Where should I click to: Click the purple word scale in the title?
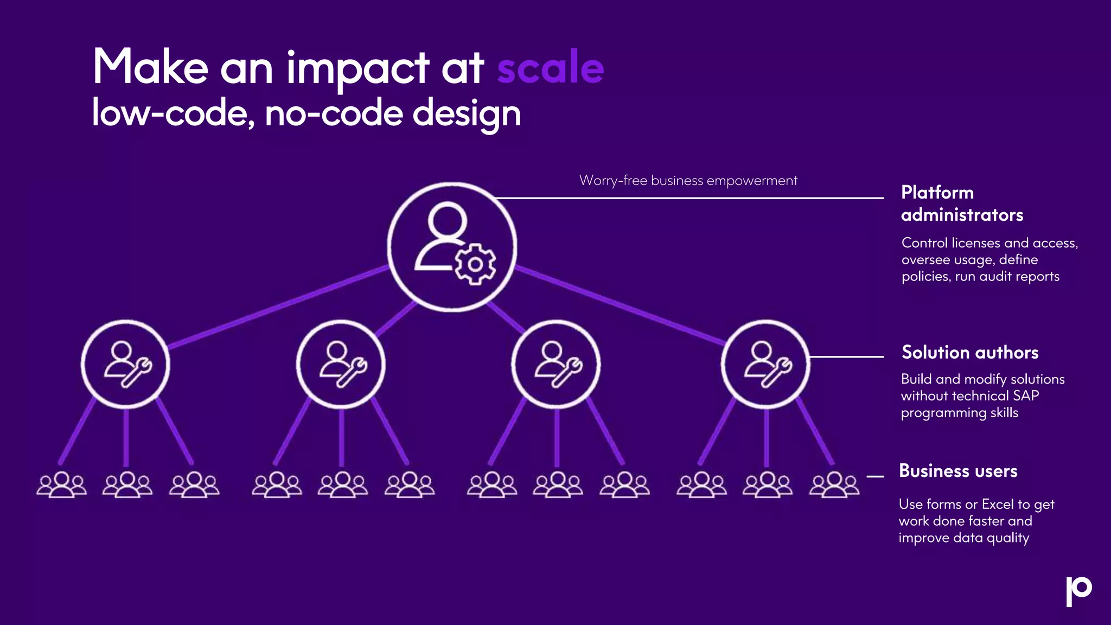point(550,68)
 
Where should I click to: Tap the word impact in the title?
point(358,68)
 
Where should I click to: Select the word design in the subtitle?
point(467,114)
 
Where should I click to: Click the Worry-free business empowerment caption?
point(688,181)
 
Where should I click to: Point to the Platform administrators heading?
point(962,203)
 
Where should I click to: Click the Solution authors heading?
point(970,353)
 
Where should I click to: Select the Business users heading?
point(958,471)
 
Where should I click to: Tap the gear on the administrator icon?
point(475,264)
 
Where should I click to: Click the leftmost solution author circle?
point(125,364)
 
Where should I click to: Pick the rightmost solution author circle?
point(765,364)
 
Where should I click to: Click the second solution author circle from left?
point(341,364)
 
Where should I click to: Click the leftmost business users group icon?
point(61,484)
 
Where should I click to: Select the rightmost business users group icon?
point(834,484)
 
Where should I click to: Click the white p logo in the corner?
point(1078,591)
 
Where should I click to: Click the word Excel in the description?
point(998,505)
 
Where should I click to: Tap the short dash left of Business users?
point(875,476)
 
